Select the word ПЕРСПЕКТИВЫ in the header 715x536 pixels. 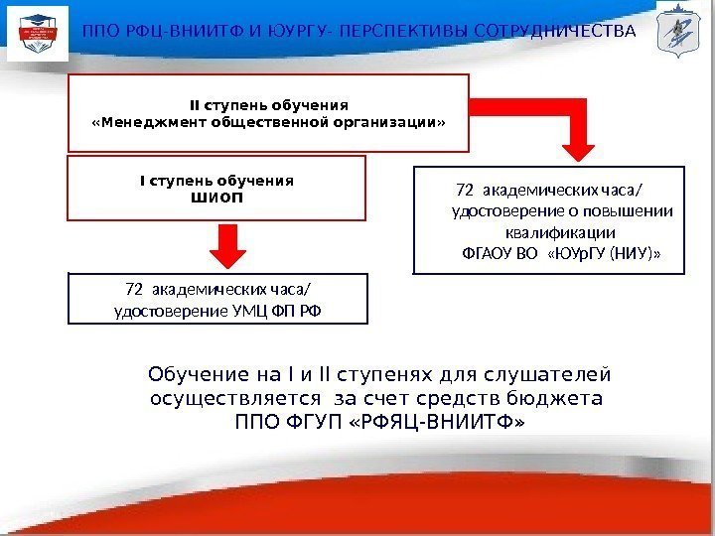coord(400,31)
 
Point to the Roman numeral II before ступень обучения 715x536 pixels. coord(194,104)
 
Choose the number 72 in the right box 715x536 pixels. coord(464,189)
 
